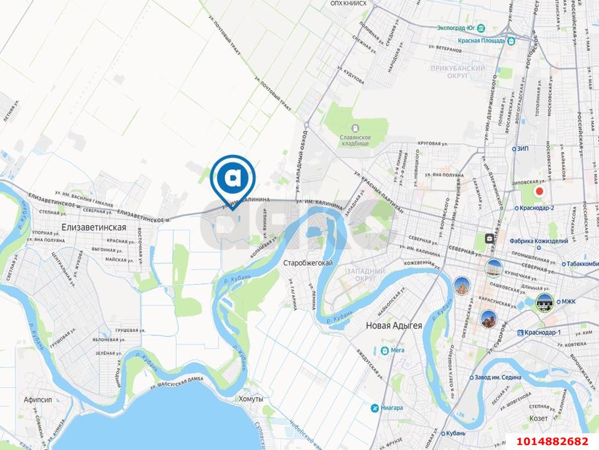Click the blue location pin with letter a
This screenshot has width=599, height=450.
point(233,178)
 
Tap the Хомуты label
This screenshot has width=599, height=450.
point(251,399)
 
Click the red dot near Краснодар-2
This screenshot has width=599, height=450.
point(540,191)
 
